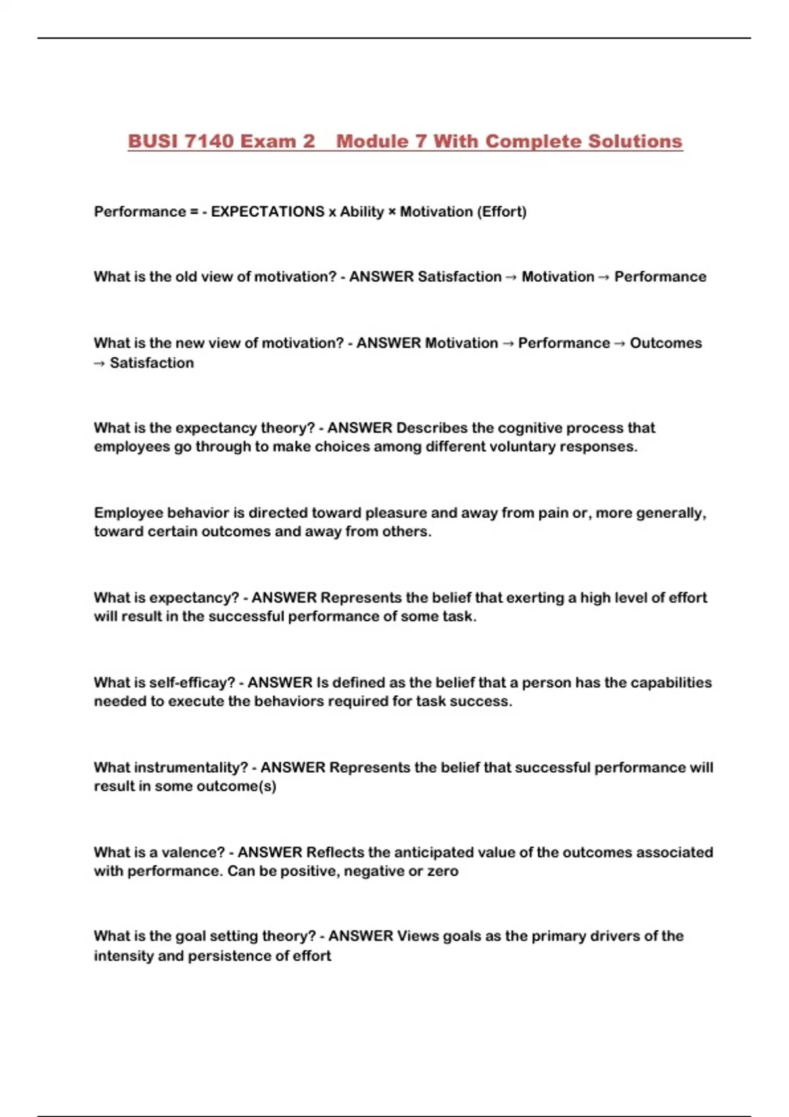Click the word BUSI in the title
coord(153,141)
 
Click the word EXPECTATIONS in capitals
coord(268,212)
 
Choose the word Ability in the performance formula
coord(362,212)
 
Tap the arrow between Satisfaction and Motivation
coord(512,277)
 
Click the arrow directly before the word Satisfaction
coord(99,363)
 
